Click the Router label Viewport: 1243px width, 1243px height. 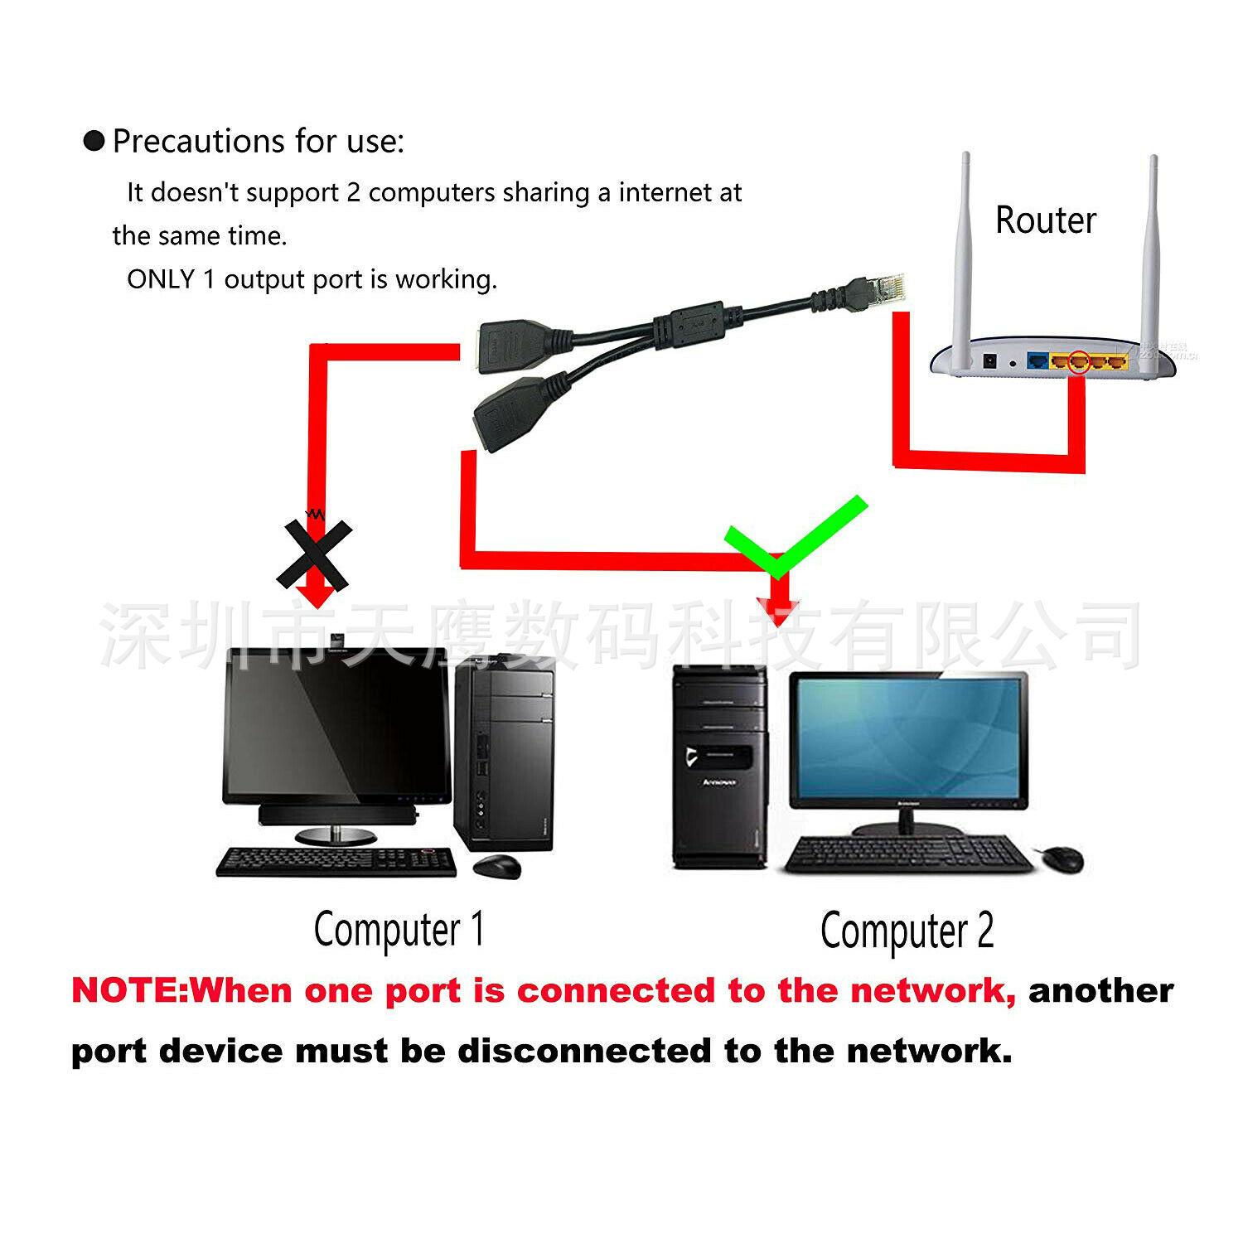[1045, 220]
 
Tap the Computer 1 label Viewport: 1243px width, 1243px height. [399, 930]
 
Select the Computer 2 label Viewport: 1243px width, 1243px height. [907, 931]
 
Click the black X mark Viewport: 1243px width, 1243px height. [314, 554]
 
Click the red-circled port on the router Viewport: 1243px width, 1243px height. [1078, 361]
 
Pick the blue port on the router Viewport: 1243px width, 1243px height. [1037, 361]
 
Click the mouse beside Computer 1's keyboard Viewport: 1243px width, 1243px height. [497, 866]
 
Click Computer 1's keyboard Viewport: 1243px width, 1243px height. [336, 862]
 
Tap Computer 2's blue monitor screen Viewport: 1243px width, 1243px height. [907, 738]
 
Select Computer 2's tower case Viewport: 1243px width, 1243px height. [718, 767]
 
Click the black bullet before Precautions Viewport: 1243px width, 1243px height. [94, 141]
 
